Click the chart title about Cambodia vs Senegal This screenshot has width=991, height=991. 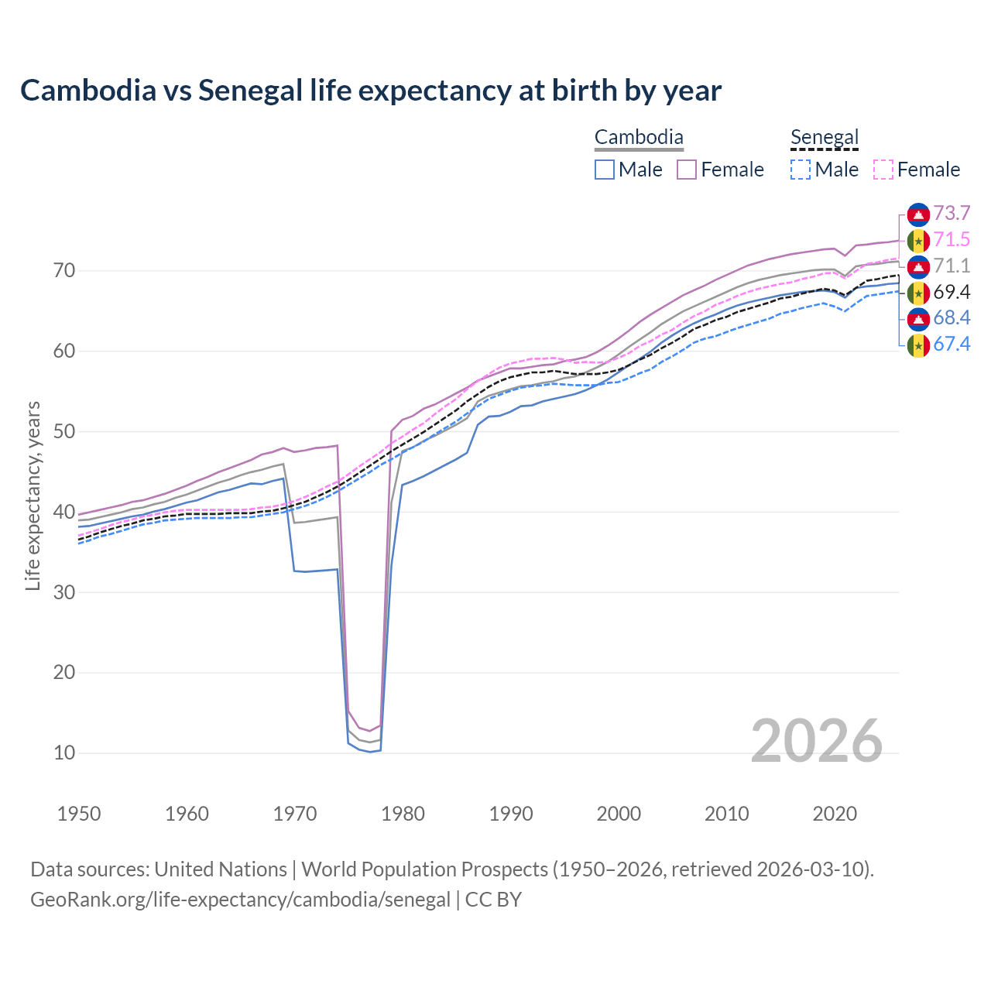tap(371, 91)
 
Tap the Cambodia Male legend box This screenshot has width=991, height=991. tap(605, 170)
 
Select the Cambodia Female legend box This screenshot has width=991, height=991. tap(687, 170)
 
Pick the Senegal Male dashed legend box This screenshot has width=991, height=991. tap(801, 170)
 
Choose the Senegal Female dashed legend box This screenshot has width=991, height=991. tap(883, 170)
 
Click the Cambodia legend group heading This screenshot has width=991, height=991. tap(639, 138)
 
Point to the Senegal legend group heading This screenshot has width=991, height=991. tap(825, 138)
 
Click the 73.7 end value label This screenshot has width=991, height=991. tap(952, 214)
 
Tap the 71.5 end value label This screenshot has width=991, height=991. tap(952, 240)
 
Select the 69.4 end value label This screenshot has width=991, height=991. tap(952, 292)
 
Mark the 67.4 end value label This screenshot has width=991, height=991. tap(952, 345)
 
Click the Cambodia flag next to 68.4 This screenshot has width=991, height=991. tap(918, 318)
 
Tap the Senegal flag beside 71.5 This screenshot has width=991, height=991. tap(918, 240)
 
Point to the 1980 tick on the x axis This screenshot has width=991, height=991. tap(403, 814)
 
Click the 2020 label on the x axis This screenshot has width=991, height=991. tap(835, 814)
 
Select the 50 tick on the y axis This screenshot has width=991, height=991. tap(64, 431)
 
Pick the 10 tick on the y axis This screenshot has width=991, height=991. tap(64, 753)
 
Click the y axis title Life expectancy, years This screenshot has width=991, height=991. tap(33, 495)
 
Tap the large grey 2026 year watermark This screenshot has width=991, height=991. tap(817, 741)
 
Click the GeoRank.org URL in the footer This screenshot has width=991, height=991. tap(240, 900)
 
